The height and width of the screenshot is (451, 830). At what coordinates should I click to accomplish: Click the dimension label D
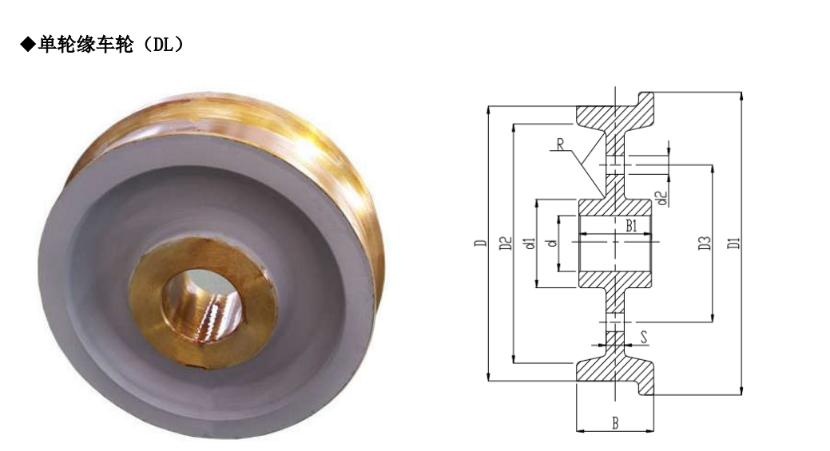(480, 243)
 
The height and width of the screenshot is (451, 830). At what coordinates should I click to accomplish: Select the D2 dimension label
(506, 243)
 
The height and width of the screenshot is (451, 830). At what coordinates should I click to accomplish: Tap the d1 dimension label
(530, 243)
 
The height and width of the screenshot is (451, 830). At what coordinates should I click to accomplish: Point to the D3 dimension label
(704, 243)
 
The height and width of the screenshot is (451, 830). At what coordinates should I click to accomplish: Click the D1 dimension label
(733, 243)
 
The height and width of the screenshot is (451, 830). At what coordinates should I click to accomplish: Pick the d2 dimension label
(661, 198)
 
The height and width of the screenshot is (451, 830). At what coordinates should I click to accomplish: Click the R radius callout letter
(560, 144)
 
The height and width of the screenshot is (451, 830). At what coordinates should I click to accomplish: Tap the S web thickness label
(644, 338)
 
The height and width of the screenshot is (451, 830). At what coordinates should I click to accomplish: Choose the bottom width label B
(615, 423)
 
